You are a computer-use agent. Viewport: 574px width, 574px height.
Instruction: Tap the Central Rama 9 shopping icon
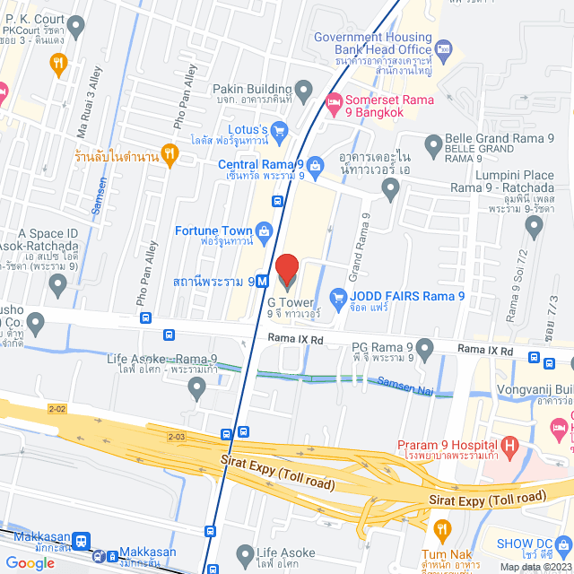tap(315, 165)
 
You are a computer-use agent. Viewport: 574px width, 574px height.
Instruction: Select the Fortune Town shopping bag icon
tap(264, 235)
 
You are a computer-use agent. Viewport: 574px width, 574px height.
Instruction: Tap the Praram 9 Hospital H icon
tap(509, 445)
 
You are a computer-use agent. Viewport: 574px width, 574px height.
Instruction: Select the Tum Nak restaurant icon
tap(440, 530)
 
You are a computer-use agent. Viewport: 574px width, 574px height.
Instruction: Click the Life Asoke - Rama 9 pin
tap(198, 388)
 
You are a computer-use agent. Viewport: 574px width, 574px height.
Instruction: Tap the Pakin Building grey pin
tap(303, 90)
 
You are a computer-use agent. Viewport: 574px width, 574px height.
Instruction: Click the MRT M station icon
tap(262, 281)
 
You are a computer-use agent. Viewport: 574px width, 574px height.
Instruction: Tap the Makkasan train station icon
tap(82, 541)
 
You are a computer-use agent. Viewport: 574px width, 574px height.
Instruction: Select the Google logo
tap(30, 562)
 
